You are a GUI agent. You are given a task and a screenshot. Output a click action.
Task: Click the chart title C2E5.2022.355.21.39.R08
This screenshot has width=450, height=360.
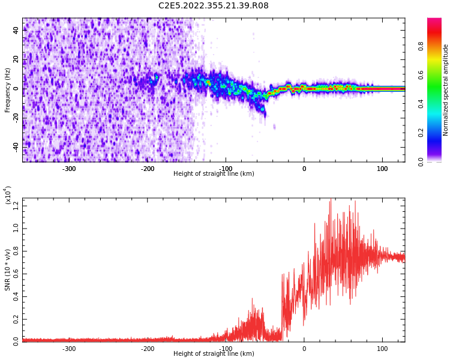(213, 6)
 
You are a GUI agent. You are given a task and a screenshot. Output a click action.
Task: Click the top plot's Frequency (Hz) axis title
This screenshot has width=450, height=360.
(8, 90)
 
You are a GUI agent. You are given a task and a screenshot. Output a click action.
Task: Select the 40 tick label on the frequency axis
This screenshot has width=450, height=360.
(16, 30)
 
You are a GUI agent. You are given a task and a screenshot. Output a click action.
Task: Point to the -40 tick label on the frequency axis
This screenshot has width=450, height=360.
(15, 146)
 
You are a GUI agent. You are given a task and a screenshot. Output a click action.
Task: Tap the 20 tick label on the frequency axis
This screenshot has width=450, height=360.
(16, 59)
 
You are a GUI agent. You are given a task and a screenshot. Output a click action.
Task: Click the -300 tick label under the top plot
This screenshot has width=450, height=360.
(69, 169)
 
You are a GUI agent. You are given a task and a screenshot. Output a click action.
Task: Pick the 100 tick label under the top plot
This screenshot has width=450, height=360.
(382, 169)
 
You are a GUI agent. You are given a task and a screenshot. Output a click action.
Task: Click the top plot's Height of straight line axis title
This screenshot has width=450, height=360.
(214, 174)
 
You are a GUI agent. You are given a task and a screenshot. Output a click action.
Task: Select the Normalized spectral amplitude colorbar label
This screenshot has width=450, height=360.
(446, 90)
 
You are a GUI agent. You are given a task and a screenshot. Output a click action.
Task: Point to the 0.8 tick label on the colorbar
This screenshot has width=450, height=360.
(421, 46)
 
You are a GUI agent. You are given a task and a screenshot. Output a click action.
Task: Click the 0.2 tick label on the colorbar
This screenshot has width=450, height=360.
(421, 133)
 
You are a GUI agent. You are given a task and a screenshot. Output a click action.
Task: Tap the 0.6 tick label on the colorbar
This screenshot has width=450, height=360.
(421, 75)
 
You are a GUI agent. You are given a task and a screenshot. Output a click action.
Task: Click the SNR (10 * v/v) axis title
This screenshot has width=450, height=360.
(8, 270)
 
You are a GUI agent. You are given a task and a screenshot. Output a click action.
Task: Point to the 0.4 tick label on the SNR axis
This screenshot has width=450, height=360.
(16, 296)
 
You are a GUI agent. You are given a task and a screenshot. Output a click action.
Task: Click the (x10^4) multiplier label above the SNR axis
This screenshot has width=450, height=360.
(8, 195)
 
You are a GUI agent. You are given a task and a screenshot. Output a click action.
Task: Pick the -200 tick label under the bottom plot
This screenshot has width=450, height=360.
(148, 349)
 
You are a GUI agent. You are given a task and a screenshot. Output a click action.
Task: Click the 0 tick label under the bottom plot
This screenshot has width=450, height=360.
(304, 349)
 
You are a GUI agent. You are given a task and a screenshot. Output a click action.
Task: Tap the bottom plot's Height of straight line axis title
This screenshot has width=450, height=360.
(214, 354)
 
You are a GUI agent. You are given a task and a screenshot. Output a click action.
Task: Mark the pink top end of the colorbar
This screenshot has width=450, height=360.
(434, 21)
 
